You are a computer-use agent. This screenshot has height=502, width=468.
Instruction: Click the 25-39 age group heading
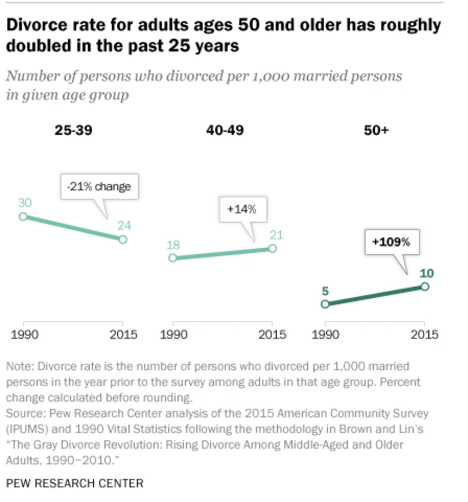coord(73,130)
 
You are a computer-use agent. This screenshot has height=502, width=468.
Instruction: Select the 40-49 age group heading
coord(224,130)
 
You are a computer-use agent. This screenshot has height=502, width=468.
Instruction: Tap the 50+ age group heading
coord(376,130)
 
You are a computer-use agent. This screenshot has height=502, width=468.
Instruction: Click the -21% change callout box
coord(100,186)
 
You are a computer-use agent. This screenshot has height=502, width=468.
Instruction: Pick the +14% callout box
coord(243,209)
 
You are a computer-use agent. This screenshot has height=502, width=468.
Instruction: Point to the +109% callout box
coord(391,242)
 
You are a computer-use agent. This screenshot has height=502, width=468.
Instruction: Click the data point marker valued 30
coord(23,216)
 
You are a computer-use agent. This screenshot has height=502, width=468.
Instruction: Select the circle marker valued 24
coord(123,239)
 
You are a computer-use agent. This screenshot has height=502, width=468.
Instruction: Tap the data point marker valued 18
coord(173,258)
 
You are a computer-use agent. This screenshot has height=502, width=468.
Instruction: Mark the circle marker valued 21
coord(272,248)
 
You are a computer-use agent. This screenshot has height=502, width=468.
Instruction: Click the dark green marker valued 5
coord(325,304)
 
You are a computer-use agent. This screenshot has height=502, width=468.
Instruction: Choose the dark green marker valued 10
coord(424,286)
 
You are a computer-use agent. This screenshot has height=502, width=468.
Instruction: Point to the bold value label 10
coord(426,273)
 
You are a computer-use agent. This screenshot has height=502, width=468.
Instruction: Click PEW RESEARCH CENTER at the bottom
coord(74,483)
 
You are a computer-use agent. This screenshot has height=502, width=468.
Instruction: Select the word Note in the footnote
coord(18,366)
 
